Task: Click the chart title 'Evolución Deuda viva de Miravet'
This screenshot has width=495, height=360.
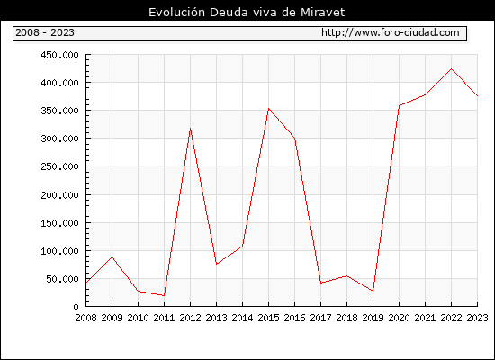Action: tap(247, 13)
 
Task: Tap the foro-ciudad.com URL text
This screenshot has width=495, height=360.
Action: tap(391, 32)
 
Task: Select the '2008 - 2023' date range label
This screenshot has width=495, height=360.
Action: tap(45, 32)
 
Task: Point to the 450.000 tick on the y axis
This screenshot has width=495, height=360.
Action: tap(59, 55)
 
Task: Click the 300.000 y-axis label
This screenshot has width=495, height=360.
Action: tap(59, 139)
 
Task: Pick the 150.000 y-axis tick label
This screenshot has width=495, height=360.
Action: tap(59, 223)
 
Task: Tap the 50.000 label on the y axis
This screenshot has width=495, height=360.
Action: tap(62, 279)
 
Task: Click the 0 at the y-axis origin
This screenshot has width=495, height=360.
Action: tap(76, 307)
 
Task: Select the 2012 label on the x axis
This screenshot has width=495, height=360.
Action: tap(190, 318)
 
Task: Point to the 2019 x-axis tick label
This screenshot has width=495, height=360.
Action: tap(373, 318)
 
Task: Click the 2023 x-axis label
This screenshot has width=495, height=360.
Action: tap(477, 318)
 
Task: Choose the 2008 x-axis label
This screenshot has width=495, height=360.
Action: tap(85, 318)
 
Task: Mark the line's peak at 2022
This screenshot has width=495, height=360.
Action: tap(451, 68)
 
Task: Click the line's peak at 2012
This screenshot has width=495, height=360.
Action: tap(190, 129)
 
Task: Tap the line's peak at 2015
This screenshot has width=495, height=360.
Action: tap(269, 109)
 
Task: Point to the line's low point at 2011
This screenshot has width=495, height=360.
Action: tap(164, 295)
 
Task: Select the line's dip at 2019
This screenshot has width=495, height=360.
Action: tap(373, 291)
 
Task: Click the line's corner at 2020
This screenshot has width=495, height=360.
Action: tap(399, 106)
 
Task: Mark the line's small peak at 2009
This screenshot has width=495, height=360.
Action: tap(112, 256)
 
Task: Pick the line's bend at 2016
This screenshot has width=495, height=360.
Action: tap(294, 138)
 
